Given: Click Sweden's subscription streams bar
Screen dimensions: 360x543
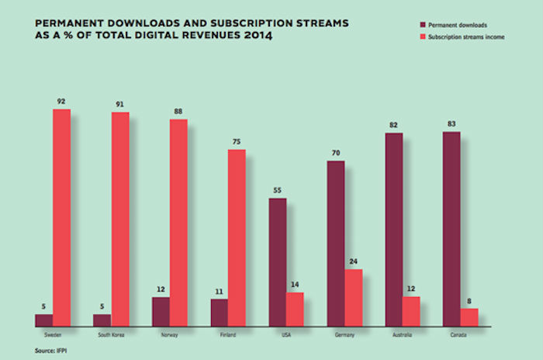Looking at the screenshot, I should (61, 217).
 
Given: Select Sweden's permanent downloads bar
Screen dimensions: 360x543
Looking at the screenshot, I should (43, 320).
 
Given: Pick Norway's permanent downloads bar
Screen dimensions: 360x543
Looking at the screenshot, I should (161, 311).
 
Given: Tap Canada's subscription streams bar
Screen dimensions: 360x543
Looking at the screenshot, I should (469, 317).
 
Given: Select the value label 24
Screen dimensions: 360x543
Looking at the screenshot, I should (353, 261).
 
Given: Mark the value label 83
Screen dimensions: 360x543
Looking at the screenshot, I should (451, 123).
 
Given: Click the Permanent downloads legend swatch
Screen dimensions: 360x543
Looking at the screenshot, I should (412, 25).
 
